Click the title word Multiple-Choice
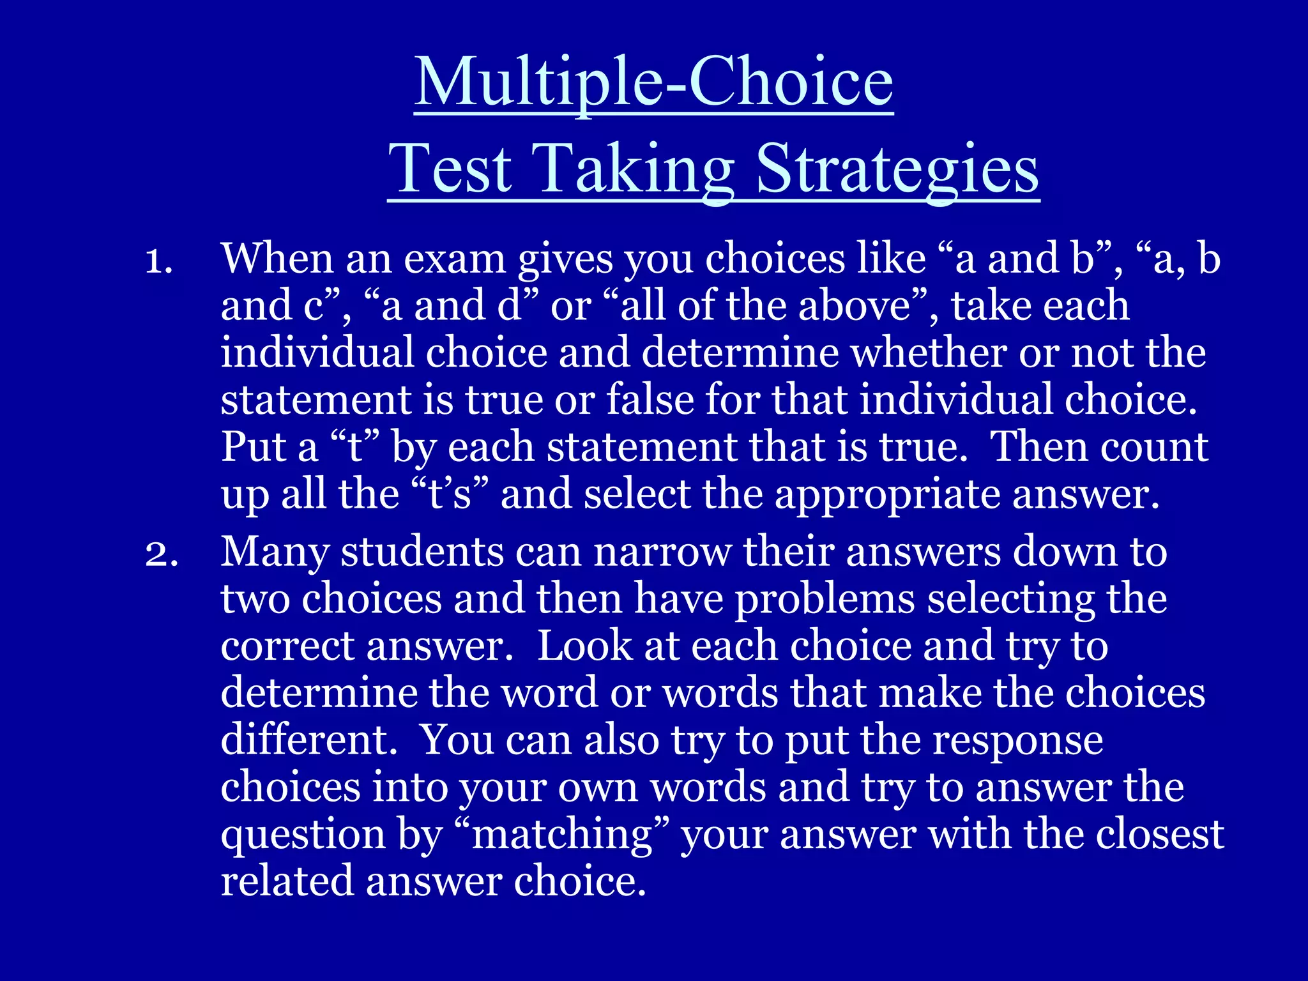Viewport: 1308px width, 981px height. point(653,83)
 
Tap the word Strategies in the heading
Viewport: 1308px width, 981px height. point(897,169)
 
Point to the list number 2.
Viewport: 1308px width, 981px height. point(160,553)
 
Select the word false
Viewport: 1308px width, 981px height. point(650,400)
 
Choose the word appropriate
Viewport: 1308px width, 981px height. point(887,496)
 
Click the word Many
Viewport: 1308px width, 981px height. point(274,553)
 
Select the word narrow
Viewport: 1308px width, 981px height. point(662,553)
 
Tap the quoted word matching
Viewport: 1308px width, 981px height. point(562,835)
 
